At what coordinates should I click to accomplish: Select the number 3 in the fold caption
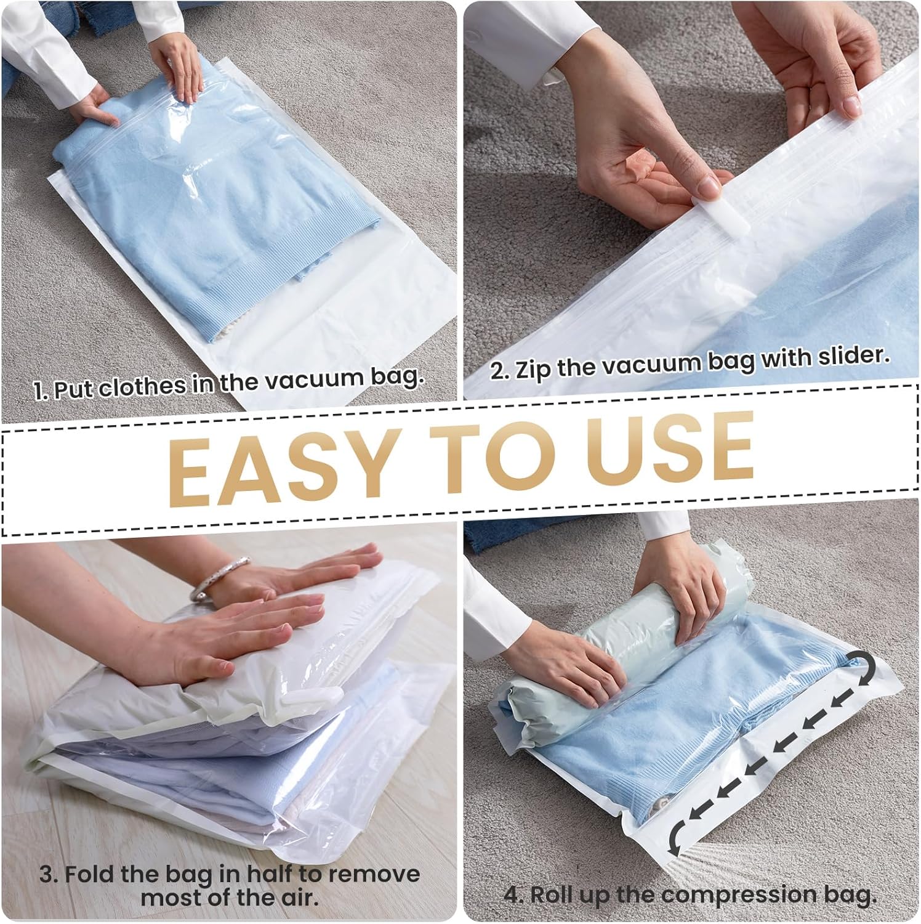(x=46, y=875)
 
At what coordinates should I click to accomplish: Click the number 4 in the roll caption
(x=512, y=895)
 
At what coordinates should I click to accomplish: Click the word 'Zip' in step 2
(x=532, y=370)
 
